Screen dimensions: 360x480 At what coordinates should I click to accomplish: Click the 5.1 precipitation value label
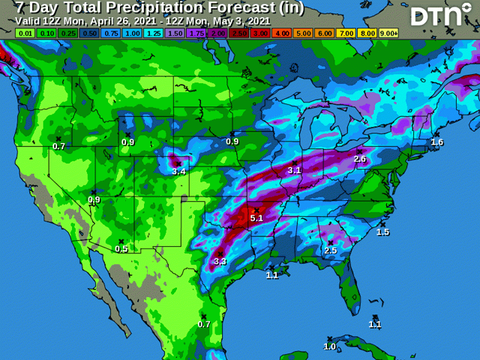coord(256,218)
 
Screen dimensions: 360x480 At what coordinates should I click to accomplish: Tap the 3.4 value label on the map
coord(178,172)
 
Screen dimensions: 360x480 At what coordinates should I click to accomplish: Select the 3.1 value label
coord(294,170)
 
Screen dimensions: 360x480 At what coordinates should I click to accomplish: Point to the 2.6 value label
coord(359,159)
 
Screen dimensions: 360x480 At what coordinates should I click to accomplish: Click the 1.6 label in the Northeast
coord(437,142)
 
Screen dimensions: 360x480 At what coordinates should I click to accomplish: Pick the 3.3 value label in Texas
coord(220,261)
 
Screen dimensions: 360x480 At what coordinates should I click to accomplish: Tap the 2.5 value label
coord(330,250)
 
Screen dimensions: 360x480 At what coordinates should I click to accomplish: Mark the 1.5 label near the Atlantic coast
coord(382,232)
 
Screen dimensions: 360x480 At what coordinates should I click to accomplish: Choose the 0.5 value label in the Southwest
coord(121,249)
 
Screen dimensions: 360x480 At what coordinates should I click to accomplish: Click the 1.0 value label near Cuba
coord(329,346)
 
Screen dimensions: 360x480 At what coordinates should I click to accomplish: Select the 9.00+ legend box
coord(388,34)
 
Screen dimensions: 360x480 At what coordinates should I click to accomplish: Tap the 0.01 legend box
coord(25,34)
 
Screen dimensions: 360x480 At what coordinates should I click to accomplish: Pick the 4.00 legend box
coord(283,34)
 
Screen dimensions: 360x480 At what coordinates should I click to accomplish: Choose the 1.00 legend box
coord(133,34)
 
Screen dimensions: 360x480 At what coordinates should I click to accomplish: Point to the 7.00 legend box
coord(346,34)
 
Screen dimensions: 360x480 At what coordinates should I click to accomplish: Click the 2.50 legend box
coord(240,34)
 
